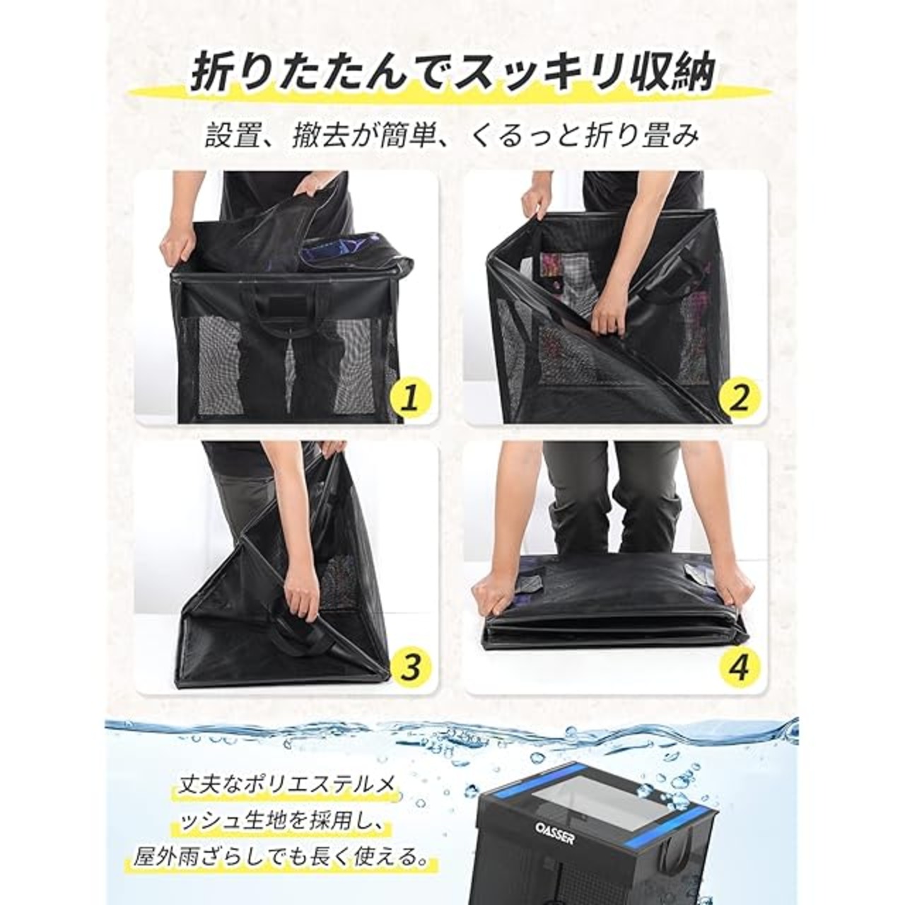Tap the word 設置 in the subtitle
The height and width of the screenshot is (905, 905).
click(x=231, y=136)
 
